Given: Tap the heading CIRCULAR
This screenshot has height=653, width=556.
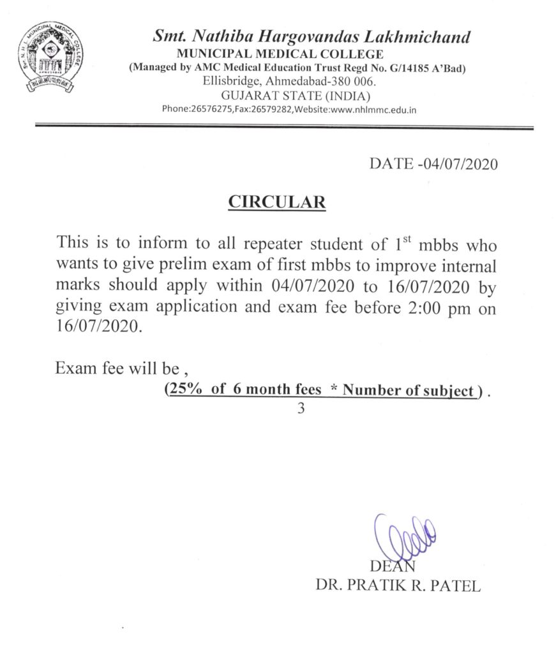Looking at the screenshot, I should click(x=277, y=203).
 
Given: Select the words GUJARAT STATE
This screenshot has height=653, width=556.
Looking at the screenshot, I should click(x=276, y=96).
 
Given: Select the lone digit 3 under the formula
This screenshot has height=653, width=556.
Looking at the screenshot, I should click(x=301, y=409).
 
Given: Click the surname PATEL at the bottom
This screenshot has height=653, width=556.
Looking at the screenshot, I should click(x=456, y=587).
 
